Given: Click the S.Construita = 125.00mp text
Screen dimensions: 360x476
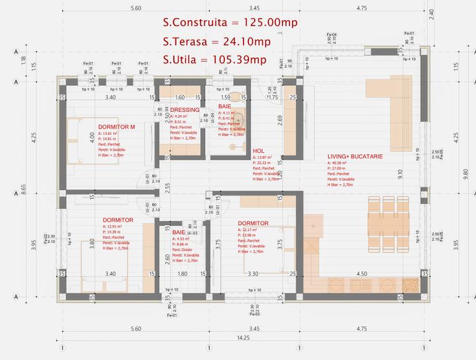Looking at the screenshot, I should pos(230,22).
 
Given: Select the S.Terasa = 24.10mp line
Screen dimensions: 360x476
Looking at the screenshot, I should pos(217,42).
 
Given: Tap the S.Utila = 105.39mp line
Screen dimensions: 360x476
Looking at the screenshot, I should pos(214,60).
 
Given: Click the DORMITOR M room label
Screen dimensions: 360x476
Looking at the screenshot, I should pos(116,127).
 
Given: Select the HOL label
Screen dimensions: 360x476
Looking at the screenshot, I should pos(258,151).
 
